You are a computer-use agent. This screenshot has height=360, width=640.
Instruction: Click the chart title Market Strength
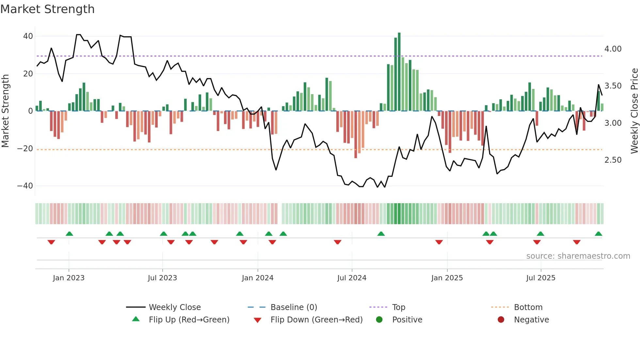(47, 9)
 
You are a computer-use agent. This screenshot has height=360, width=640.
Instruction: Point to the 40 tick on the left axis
(28, 36)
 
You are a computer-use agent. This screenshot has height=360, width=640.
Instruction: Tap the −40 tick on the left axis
(25, 186)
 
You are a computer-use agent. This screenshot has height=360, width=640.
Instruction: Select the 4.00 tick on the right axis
(613, 49)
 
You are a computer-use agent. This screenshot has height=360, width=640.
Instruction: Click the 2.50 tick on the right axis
(613, 160)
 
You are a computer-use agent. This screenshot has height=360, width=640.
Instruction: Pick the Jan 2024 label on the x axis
(257, 278)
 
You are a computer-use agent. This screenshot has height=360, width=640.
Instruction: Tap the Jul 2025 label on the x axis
(540, 278)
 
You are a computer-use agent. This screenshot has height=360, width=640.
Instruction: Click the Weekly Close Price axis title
(634, 111)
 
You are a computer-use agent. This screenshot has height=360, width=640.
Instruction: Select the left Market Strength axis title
(5, 111)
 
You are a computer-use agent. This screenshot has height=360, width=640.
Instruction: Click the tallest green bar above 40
(399, 72)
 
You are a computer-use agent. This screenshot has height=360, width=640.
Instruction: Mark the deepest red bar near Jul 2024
(356, 135)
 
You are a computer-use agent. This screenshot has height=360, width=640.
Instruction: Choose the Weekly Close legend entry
(175, 307)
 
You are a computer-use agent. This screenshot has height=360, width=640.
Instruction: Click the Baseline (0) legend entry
(294, 307)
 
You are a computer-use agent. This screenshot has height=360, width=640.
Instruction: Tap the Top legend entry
(398, 307)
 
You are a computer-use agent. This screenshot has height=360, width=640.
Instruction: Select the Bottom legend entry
(528, 307)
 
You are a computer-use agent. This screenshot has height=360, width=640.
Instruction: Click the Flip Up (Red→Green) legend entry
(189, 320)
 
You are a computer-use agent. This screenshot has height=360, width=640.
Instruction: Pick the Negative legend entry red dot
(501, 320)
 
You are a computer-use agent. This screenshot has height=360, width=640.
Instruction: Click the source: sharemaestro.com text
(578, 256)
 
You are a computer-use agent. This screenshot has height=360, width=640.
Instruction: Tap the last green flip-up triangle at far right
(598, 234)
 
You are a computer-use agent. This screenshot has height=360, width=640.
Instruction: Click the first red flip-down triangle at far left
(51, 242)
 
